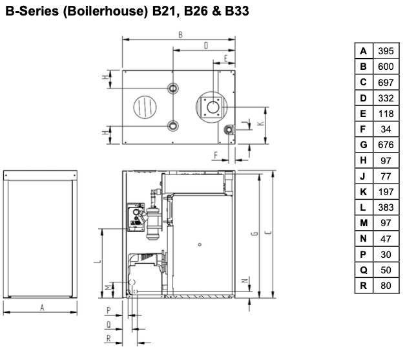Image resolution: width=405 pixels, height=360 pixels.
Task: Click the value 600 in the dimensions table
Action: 386,67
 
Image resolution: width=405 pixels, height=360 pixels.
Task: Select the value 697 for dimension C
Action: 386,83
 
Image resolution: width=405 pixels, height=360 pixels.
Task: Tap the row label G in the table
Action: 364,145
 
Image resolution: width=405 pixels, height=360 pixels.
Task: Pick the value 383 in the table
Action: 386,207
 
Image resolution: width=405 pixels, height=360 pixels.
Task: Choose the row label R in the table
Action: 364,286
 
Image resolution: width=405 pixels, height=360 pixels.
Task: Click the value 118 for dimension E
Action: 386,114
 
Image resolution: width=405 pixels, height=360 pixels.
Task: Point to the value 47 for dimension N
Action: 386,238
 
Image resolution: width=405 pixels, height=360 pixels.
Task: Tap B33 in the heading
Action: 237,11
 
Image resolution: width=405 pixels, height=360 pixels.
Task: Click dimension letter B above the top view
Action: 181,35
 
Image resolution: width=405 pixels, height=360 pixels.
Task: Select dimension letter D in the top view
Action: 206,46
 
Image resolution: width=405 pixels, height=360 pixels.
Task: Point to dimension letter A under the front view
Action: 42,308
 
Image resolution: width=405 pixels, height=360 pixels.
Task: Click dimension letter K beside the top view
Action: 261,123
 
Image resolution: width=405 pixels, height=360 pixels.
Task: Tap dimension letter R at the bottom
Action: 109,338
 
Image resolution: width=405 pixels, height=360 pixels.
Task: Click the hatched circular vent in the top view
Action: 145,107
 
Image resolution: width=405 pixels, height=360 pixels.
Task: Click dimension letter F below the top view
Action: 216,155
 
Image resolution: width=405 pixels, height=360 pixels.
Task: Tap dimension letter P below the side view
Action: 109,310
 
